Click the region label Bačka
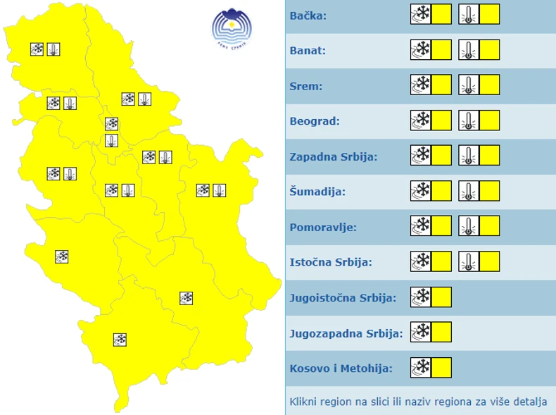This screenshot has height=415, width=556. coord(308,16)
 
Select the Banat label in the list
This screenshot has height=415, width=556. coord(308,51)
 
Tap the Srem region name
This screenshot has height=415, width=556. coord(305,86)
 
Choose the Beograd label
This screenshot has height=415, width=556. coord(315,121)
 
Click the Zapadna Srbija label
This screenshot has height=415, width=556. coord(334,156)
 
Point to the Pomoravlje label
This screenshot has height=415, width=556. coord(323,227)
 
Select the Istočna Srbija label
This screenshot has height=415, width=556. coord(331,262)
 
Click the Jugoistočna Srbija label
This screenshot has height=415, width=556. coord(343,297)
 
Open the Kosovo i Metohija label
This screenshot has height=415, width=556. coord(341,368)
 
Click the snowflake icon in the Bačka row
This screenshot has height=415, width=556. coord(421,14)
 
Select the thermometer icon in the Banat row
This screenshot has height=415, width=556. coord(469,49)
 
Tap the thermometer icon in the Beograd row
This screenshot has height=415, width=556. coord(469,120)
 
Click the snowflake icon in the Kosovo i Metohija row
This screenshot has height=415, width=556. coord(421,367)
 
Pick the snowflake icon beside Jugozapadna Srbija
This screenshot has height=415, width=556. coord(421,332)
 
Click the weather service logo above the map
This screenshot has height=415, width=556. coord(232,27)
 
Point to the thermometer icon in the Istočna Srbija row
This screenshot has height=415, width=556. coord(469,261)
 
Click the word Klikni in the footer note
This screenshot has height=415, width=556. coord(304,402)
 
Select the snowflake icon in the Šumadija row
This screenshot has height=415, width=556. coord(421,190)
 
